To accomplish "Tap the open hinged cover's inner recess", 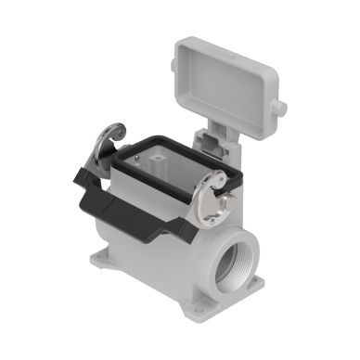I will [228, 74].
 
